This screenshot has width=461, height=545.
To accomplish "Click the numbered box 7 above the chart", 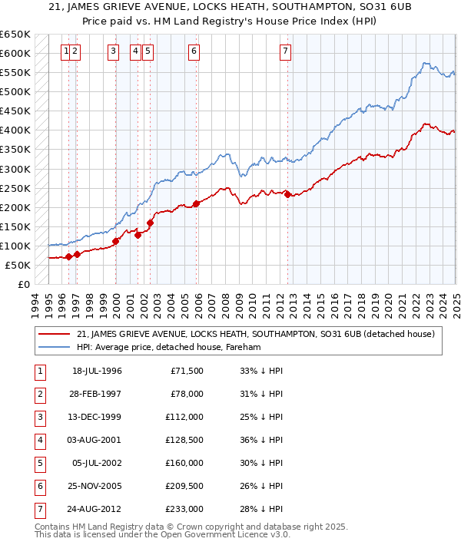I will point(285,51).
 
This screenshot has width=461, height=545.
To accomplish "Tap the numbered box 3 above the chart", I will point(113,51).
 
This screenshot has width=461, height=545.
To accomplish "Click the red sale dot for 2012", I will point(287,194).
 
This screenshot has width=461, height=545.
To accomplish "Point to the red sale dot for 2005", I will point(197,203).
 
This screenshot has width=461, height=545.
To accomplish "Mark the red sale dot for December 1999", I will point(115,241).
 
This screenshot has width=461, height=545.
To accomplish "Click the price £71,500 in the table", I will point(187,371).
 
